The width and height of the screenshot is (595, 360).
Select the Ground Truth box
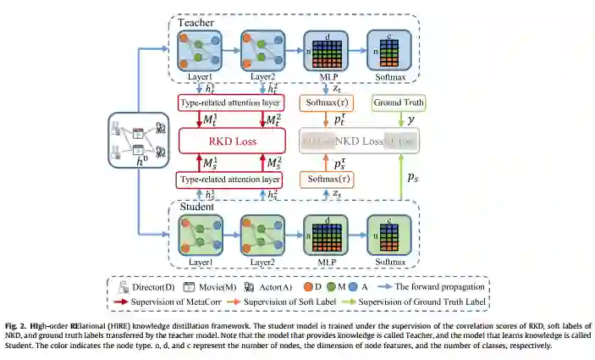[399, 103]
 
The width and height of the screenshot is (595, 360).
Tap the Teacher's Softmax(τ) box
[327, 103]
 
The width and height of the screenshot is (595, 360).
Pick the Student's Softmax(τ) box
[327, 180]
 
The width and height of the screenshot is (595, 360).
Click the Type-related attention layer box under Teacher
[229, 103]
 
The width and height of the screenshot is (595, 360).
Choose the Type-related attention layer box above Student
[229, 180]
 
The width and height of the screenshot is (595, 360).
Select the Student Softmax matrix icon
[388, 232]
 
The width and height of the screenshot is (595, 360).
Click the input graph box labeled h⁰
[135, 141]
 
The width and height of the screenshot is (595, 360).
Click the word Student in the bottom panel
[197, 206]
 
